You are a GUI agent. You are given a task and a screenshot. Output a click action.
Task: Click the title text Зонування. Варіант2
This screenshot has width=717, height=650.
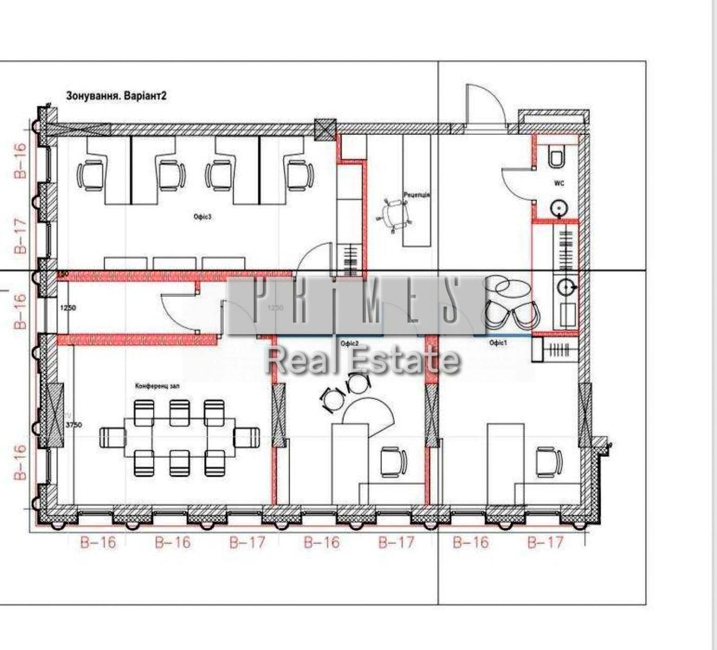(x=116, y=96)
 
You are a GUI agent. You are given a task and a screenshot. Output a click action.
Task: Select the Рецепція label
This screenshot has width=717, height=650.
(x=416, y=194)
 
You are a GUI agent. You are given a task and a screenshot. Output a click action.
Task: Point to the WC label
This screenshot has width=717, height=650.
(x=559, y=184)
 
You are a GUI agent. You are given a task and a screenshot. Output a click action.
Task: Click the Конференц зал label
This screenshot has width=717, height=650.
(x=157, y=386)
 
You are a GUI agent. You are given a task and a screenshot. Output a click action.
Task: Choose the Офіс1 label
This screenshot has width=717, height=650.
(x=498, y=343)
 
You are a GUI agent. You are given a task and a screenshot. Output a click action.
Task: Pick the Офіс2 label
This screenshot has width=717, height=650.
(x=349, y=343)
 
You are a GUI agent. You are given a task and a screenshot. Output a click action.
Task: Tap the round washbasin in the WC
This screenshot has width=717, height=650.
(x=559, y=207)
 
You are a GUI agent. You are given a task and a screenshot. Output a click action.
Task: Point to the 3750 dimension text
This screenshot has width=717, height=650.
(x=74, y=425)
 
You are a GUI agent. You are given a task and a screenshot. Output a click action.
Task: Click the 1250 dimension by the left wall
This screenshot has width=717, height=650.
(x=68, y=308)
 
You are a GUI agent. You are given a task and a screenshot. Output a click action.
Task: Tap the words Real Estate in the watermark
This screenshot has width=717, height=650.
(x=362, y=360)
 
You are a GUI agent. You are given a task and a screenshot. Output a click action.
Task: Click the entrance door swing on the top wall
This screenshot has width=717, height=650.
(x=484, y=106)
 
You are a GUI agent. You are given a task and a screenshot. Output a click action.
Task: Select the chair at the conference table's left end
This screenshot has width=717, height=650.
(x=113, y=437)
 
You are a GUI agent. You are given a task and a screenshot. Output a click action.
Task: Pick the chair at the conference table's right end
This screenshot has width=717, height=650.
(x=246, y=437)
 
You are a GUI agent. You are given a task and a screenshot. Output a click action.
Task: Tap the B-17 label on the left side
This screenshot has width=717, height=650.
(x=20, y=236)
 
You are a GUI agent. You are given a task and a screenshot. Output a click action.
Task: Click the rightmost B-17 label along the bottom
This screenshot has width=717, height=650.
(x=545, y=542)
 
